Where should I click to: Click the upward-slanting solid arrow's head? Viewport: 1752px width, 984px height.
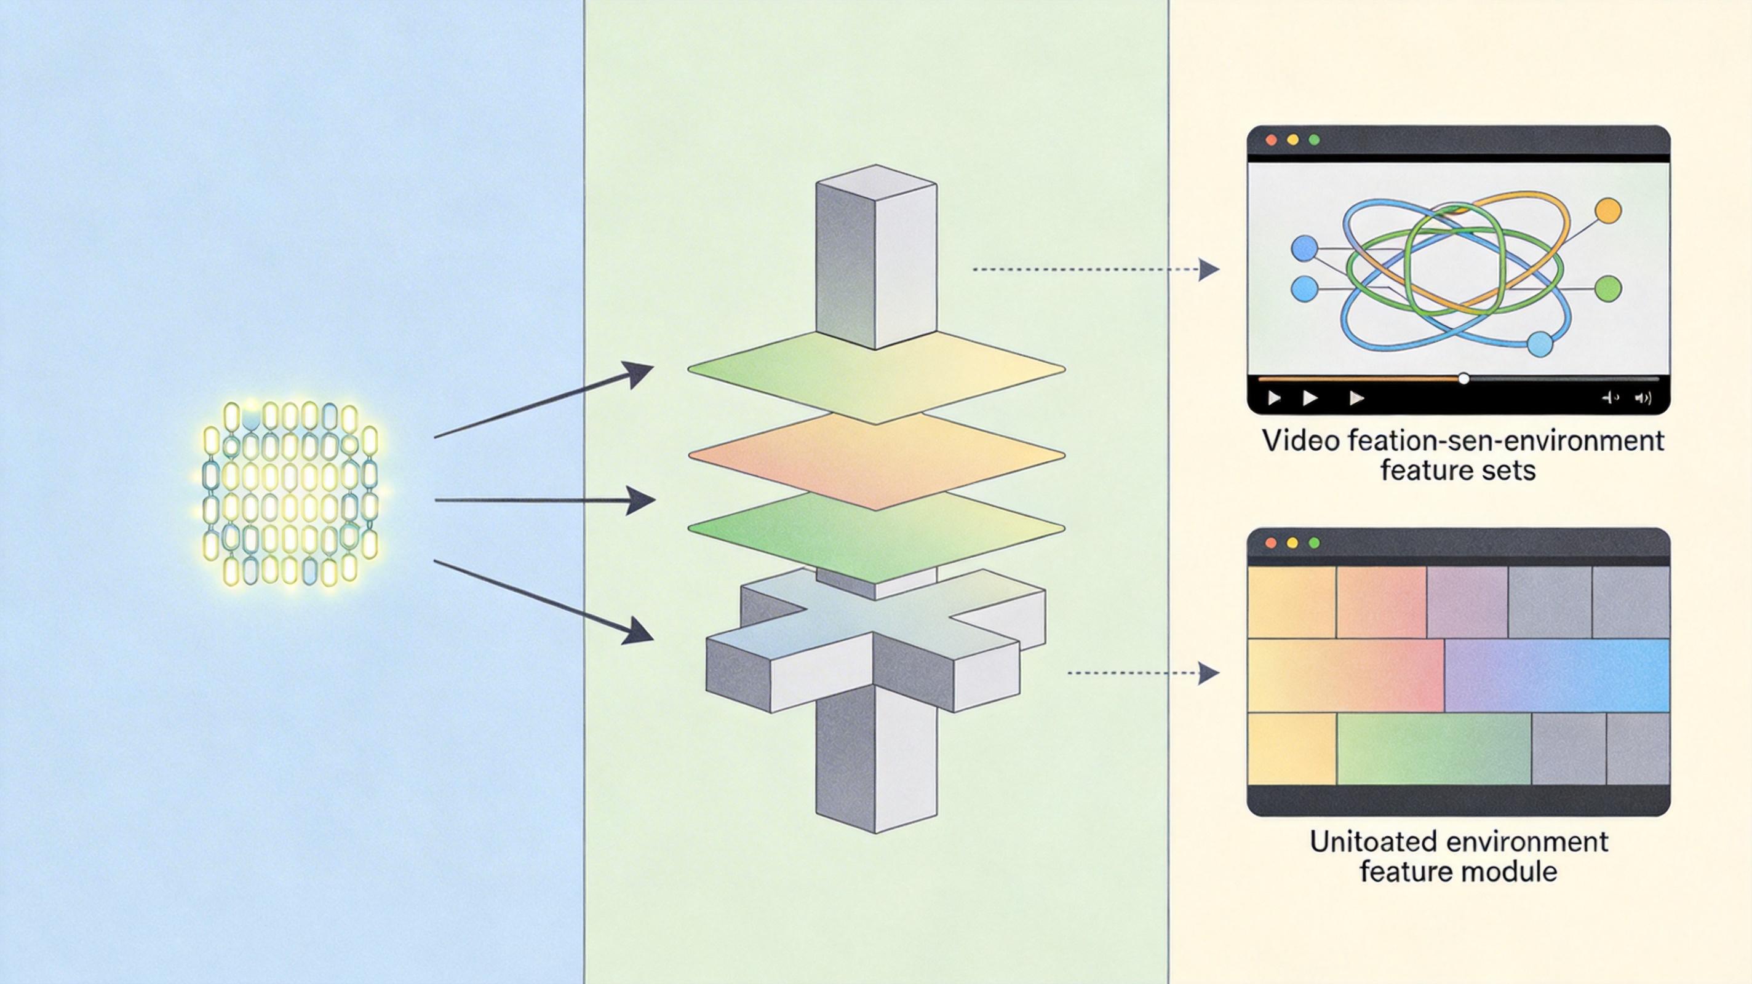(x=639, y=373)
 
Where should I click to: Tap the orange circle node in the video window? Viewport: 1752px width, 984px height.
(x=1608, y=210)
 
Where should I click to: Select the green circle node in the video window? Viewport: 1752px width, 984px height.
(x=1608, y=288)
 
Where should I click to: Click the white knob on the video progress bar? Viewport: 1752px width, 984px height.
(x=1463, y=379)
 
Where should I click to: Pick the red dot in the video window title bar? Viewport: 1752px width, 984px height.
(x=1270, y=140)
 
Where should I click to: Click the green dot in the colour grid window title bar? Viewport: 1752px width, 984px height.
(x=1314, y=542)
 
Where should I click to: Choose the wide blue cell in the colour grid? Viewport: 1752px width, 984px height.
(x=1556, y=675)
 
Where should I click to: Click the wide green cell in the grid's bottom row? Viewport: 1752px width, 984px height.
(x=1434, y=748)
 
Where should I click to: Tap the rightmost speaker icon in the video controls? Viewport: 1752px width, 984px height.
(x=1643, y=398)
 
